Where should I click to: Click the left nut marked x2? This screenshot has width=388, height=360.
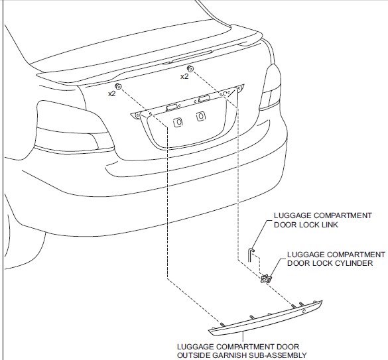coord(119,87)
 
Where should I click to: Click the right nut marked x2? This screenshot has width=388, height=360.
coord(190,69)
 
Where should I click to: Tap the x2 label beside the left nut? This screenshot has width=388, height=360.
coord(112,95)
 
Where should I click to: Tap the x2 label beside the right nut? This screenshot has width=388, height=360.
coord(184,77)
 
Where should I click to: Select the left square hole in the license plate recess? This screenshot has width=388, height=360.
coord(178,121)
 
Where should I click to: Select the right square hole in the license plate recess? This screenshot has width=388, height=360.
coord(200,117)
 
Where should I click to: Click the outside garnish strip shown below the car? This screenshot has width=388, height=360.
coord(265,316)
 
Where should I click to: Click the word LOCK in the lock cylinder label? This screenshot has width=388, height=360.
coord(302,263)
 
